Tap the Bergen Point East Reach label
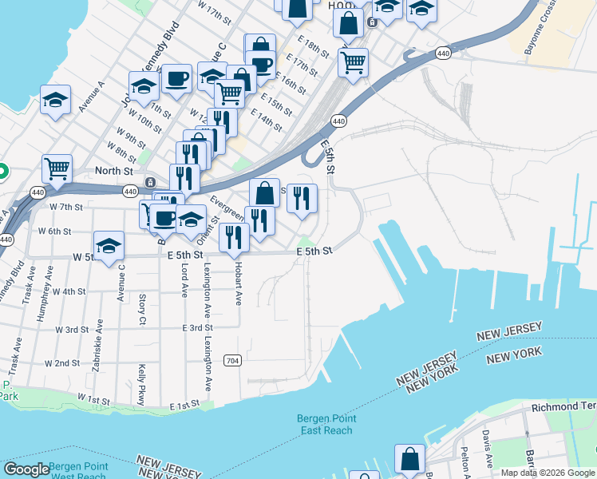(326, 424)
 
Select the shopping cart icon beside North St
(57, 168)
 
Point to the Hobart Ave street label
(238, 286)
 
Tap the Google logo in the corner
(26, 469)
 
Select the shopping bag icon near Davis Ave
(409, 459)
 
